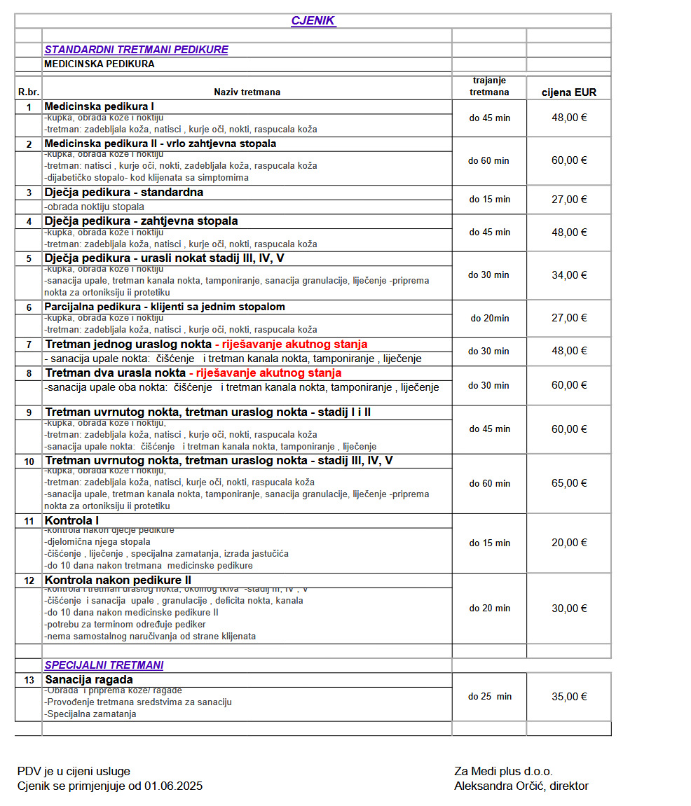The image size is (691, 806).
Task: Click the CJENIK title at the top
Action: point(313,21)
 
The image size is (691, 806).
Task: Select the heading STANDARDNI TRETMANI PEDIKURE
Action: point(136,50)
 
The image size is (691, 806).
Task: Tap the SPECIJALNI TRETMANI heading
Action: point(104,665)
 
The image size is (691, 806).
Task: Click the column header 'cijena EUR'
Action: point(569,92)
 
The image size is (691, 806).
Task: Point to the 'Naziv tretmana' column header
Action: point(247,92)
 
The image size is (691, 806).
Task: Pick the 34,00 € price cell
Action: point(569,275)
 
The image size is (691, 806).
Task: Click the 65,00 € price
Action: point(569,483)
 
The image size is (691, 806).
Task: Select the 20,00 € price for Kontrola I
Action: point(569,543)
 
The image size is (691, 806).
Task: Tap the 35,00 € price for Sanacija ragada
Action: point(569,697)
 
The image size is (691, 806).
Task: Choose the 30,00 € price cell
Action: point(569,609)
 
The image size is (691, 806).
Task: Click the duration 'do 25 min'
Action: point(490,697)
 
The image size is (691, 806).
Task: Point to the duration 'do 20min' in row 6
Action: point(490,318)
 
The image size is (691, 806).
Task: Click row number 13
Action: point(29,680)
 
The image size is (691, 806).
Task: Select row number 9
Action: point(29,412)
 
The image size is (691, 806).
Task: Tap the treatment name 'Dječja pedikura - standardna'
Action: point(124,193)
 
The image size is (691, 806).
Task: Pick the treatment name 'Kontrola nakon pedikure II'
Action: point(118,581)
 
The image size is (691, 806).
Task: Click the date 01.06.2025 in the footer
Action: point(173,786)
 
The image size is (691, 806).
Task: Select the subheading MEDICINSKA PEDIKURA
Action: point(99,64)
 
